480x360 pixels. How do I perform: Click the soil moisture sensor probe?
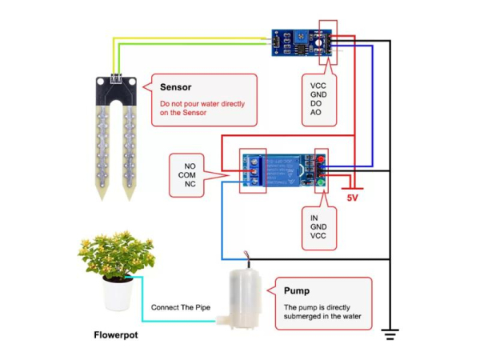point(115,136)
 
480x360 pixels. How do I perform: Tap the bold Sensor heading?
point(175,87)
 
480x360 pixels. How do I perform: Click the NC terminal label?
point(190,185)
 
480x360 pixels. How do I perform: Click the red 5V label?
point(352,196)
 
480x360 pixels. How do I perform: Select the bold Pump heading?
point(297,290)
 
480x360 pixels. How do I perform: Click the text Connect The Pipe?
point(180,308)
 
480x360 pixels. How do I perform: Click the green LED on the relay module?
point(321,183)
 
